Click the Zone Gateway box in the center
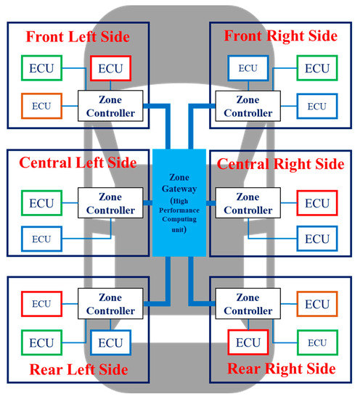pyautogui.click(x=180, y=202)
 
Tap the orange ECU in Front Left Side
pyautogui.click(x=41, y=106)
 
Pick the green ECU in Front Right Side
pyautogui.click(x=317, y=68)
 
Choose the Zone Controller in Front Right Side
pyautogui.click(x=247, y=106)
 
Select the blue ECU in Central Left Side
pyautogui.click(x=41, y=239)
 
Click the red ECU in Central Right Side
pyautogui.click(x=317, y=204)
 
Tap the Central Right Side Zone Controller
pyautogui.click(x=247, y=203)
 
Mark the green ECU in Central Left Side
pyautogui.click(x=41, y=204)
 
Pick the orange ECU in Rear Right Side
pyautogui.click(x=317, y=303)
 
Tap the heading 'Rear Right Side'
pyautogui.click(x=282, y=369)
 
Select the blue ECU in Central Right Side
pyautogui.click(x=317, y=239)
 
